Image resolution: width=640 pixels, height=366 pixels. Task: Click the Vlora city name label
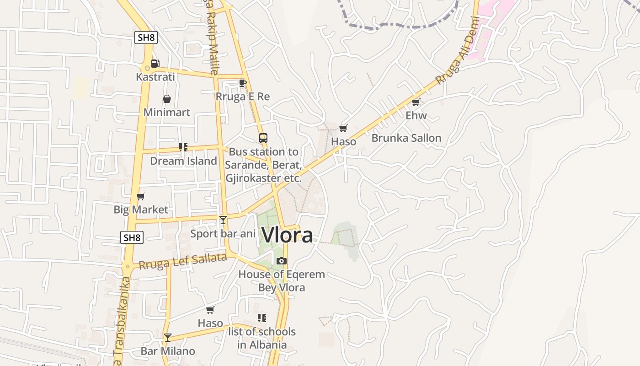287,235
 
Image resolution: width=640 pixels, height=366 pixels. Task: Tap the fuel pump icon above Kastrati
155,64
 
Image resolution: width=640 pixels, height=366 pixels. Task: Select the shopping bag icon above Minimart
167,99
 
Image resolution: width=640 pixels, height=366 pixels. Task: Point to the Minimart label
167,112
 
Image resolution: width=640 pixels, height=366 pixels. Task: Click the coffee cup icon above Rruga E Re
242,83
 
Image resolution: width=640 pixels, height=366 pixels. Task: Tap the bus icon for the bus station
263,138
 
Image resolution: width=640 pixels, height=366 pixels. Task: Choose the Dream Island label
183,161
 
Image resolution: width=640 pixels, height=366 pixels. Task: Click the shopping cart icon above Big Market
141,196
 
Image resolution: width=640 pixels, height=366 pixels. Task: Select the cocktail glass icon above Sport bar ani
223,220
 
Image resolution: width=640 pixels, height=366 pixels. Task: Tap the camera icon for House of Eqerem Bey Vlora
282,261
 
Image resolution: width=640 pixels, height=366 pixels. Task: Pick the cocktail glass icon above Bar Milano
168,338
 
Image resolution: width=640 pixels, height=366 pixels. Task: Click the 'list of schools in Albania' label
261,338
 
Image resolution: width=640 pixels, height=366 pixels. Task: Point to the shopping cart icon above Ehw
416,102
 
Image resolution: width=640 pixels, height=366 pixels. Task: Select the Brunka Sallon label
406,138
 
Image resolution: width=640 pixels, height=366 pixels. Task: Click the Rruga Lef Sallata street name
183,262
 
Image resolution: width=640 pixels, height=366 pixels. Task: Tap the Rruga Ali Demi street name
457,50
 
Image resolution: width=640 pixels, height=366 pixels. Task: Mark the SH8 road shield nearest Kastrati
146,38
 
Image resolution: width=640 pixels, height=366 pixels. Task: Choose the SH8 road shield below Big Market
132,237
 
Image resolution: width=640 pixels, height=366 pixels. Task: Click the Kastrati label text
155,77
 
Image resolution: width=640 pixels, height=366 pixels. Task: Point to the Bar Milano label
168,351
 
